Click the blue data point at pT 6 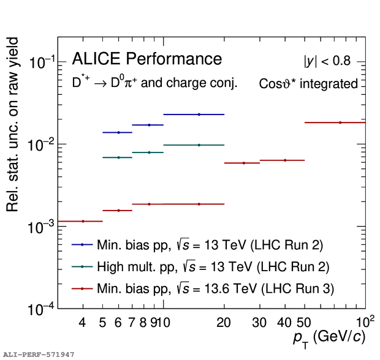point(118,132)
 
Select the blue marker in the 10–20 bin point(199,114)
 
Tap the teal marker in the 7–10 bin point(149,152)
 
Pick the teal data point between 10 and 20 point(199,145)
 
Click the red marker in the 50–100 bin point(340,122)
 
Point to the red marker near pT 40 point(284,160)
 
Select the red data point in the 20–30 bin point(243,163)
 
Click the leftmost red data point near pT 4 point(83,221)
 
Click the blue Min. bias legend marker point(82,244)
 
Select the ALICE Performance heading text point(146,59)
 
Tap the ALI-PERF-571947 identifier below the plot point(39,354)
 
